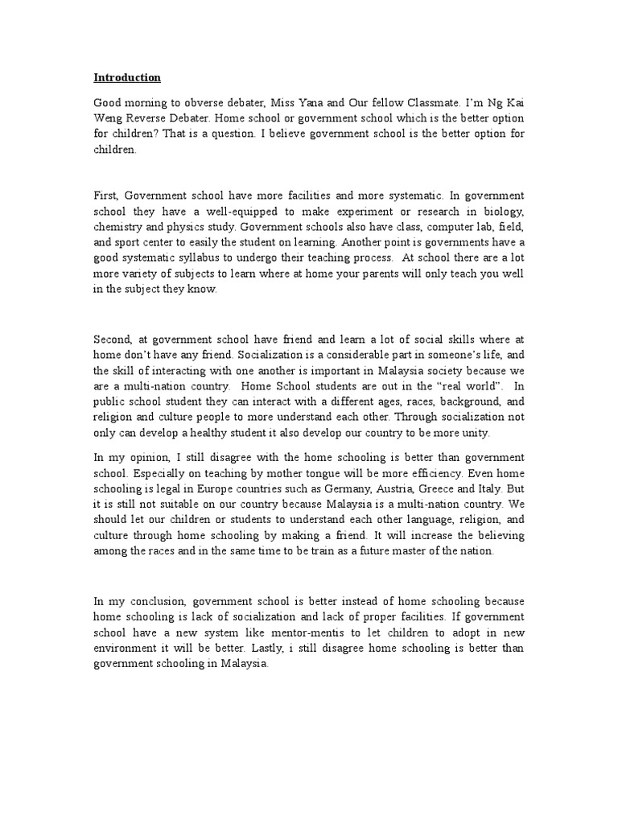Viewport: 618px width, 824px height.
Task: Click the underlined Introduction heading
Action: click(127, 78)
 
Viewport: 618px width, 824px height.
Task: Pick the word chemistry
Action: click(121, 227)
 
